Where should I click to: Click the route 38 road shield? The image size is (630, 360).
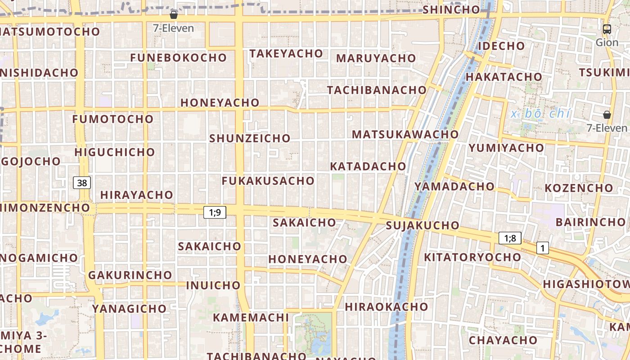(81, 183)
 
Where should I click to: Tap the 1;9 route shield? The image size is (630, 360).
(215, 212)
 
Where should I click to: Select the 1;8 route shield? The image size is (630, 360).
(510, 238)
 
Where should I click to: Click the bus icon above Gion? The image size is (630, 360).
(607, 29)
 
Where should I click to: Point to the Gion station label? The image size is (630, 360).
(607, 42)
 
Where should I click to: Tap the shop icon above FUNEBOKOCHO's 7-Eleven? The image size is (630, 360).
(174, 15)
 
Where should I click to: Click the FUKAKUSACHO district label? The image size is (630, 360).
(268, 181)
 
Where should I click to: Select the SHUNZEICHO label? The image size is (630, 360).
(250, 138)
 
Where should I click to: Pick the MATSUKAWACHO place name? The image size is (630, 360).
(405, 134)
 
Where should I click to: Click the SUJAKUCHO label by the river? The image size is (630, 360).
(423, 225)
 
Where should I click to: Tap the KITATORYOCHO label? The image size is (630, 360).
(472, 257)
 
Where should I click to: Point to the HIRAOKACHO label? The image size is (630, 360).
(387, 307)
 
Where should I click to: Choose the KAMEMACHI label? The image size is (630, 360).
(251, 317)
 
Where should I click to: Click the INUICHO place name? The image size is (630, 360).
(213, 285)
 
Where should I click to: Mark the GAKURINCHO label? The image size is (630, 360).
(130, 275)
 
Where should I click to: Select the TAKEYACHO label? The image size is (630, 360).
(286, 54)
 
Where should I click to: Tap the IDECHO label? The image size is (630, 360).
(501, 46)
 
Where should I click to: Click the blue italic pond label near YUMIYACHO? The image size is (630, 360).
(540, 114)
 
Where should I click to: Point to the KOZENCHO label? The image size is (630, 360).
(579, 188)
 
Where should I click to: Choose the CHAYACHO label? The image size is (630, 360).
(503, 340)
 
